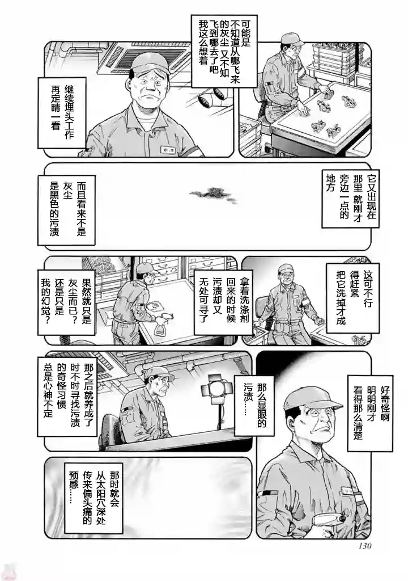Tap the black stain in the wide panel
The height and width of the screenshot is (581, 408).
(213, 193)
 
